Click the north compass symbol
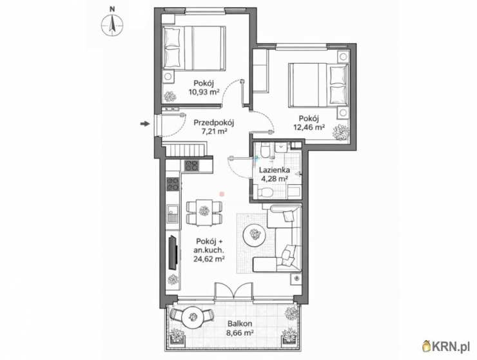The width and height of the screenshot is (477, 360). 112,25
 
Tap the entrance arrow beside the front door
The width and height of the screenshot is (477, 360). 145,124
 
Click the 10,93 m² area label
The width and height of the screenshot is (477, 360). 204,92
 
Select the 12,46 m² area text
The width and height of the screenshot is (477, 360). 309,127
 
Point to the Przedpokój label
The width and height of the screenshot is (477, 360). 213,123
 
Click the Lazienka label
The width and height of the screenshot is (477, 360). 275,170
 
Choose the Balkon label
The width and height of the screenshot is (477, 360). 240,324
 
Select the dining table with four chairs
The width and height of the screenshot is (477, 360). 204,213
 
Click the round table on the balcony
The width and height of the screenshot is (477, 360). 192,317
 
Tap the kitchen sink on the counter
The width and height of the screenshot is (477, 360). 173,214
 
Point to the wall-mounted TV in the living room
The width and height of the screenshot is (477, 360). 173,252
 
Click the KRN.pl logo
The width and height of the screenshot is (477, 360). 446,346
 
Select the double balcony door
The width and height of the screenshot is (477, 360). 233,290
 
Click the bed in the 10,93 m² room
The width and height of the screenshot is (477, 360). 195,48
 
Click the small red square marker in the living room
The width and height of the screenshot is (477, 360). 222,193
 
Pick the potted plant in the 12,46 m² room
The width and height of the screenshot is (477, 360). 340,133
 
